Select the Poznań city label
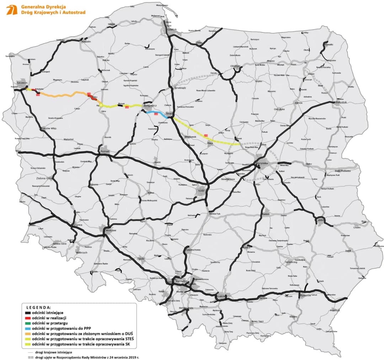point(105,151)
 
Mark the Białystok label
point(341,102)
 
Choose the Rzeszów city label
point(305,295)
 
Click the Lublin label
point(319,220)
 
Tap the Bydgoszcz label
point(150,106)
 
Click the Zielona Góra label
point(44,178)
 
